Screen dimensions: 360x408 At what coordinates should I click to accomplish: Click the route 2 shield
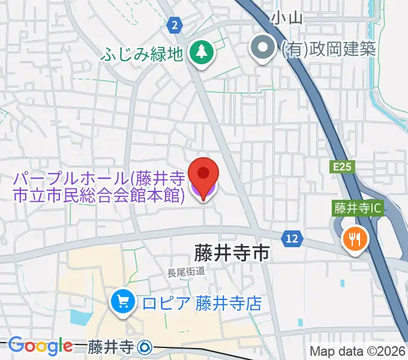[174, 25]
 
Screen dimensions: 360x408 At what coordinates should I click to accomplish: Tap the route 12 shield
[292, 239]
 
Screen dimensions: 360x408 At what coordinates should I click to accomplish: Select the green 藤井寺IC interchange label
[358, 209]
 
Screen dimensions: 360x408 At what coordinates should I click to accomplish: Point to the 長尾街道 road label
[186, 271]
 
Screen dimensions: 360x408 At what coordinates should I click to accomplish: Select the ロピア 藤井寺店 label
[202, 302]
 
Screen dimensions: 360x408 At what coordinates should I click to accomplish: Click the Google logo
[40, 346]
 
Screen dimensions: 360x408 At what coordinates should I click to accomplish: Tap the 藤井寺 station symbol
[145, 347]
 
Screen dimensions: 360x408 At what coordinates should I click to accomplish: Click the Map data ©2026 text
[358, 351]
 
